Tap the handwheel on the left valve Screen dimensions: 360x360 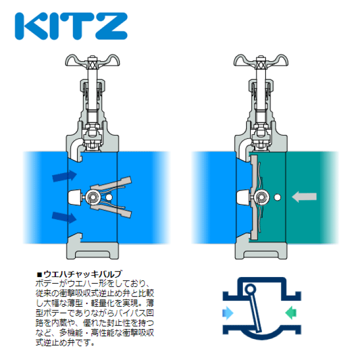coord(92,61)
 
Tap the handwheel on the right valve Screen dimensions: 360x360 coord(261,61)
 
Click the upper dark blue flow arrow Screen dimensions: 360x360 coord(64,176)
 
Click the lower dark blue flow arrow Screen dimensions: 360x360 coord(64,217)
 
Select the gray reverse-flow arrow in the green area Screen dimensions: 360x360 coord(304,197)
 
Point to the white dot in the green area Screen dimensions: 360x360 coord(277,197)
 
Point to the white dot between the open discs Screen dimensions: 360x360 coord(109,197)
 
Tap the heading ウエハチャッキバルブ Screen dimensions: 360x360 coord(82,274)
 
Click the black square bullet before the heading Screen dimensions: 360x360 coord(39,274)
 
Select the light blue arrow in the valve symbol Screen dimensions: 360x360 coord(228,312)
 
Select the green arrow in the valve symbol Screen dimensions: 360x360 coord(290,312)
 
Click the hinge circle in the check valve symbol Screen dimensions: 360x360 coord(250,288)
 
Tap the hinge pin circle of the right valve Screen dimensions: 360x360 coord(261,197)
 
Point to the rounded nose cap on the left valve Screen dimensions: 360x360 coord(75,197)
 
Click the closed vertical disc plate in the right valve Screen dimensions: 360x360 coord(254,197)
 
